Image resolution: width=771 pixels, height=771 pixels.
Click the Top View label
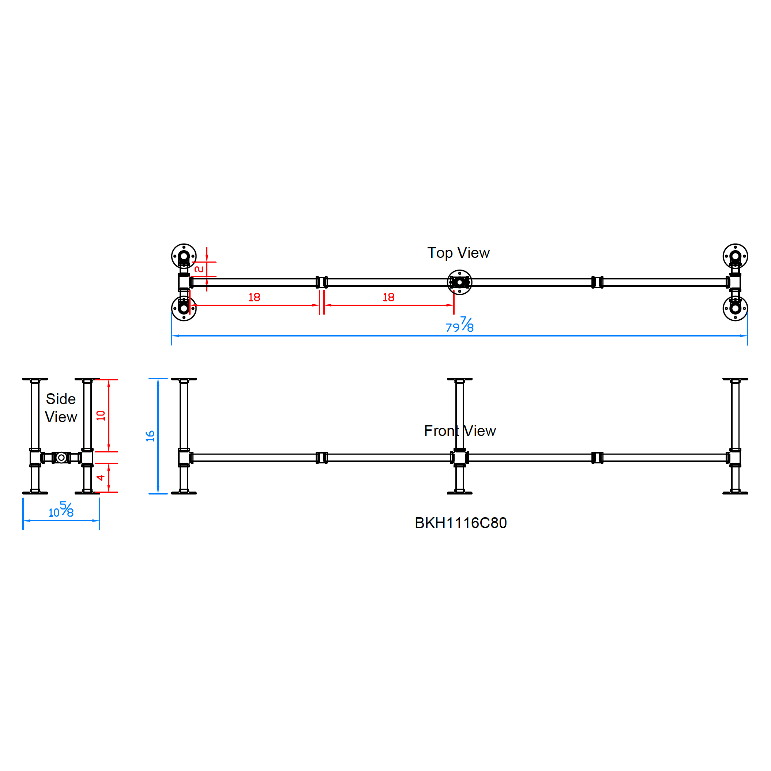pyautogui.click(x=458, y=253)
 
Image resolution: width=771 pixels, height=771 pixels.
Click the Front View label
pyautogui.click(x=460, y=430)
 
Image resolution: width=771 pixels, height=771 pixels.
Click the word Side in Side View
pyautogui.click(x=61, y=399)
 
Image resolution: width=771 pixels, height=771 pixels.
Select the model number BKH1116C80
pyautogui.click(x=460, y=523)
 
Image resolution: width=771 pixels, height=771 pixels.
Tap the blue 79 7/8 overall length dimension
pyautogui.click(x=460, y=326)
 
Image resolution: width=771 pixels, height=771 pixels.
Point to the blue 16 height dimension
pyautogui.click(x=150, y=436)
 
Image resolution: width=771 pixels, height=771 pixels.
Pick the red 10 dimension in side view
pyautogui.click(x=101, y=415)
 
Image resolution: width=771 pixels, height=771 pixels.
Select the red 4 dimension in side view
pyautogui.click(x=101, y=478)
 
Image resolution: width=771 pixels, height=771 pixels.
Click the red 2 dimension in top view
pyautogui.click(x=199, y=269)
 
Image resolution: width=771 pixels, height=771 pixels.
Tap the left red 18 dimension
pyautogui.click(x=254, y=297)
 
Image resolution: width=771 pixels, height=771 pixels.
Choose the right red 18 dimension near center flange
pyautogui.click(x=388, y=297)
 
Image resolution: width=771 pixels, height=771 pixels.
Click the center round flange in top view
pyautogui.click(x=459, y=282)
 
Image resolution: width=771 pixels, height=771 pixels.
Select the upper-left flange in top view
pyautogui.click(x=184, y=256)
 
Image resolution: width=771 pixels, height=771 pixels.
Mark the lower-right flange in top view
pyautogui.click(x=735, y=308)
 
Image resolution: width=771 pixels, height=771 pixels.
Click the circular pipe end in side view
pyautogui.click(x=61, y=457)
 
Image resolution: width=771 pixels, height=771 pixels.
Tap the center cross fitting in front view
pyautogui.click(x=459, y=457)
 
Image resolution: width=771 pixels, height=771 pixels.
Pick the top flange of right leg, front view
pyautogui.click(x=735, y=379)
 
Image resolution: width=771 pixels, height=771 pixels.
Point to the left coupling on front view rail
pyautogui.click(x=321, y=457)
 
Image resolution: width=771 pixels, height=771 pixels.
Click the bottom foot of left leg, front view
pyautogui.click(x=184, y=493)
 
